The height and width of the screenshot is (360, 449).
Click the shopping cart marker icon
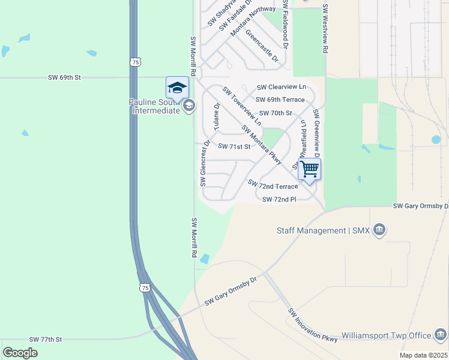coord(309,169)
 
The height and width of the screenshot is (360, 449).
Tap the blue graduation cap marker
coord(177,88)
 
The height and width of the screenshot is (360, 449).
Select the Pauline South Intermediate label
coord(155,106)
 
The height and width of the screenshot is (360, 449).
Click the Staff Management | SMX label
coord(323,230)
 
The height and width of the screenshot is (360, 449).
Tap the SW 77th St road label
coord(46,340)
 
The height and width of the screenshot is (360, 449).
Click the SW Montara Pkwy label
coord(262,145)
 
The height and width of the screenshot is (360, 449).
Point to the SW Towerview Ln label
coord(242,106)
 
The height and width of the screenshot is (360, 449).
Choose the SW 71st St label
coord(234,146)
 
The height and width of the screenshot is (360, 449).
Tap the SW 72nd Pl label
coord(280,199)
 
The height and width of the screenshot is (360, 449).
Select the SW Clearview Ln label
coord(282,87)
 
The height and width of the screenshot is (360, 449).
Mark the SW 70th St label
coord(275,113)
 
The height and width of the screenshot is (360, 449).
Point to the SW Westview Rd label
coord(325,29)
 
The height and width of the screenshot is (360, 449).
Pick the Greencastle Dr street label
coord(262,44)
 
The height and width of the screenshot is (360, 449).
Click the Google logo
coord(20,352)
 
